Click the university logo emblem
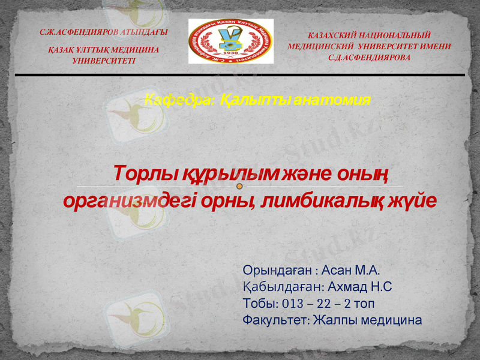pyautogui.click(x=231, y=41)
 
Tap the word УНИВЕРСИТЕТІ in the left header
pyautogui.click(x=104, y=61)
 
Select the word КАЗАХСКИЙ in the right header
pyautogui.click(x=341, y=36)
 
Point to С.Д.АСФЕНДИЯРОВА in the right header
pyautogui.click(x=370, y=57)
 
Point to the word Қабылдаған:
pyautogui.click(x=284, y=286)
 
